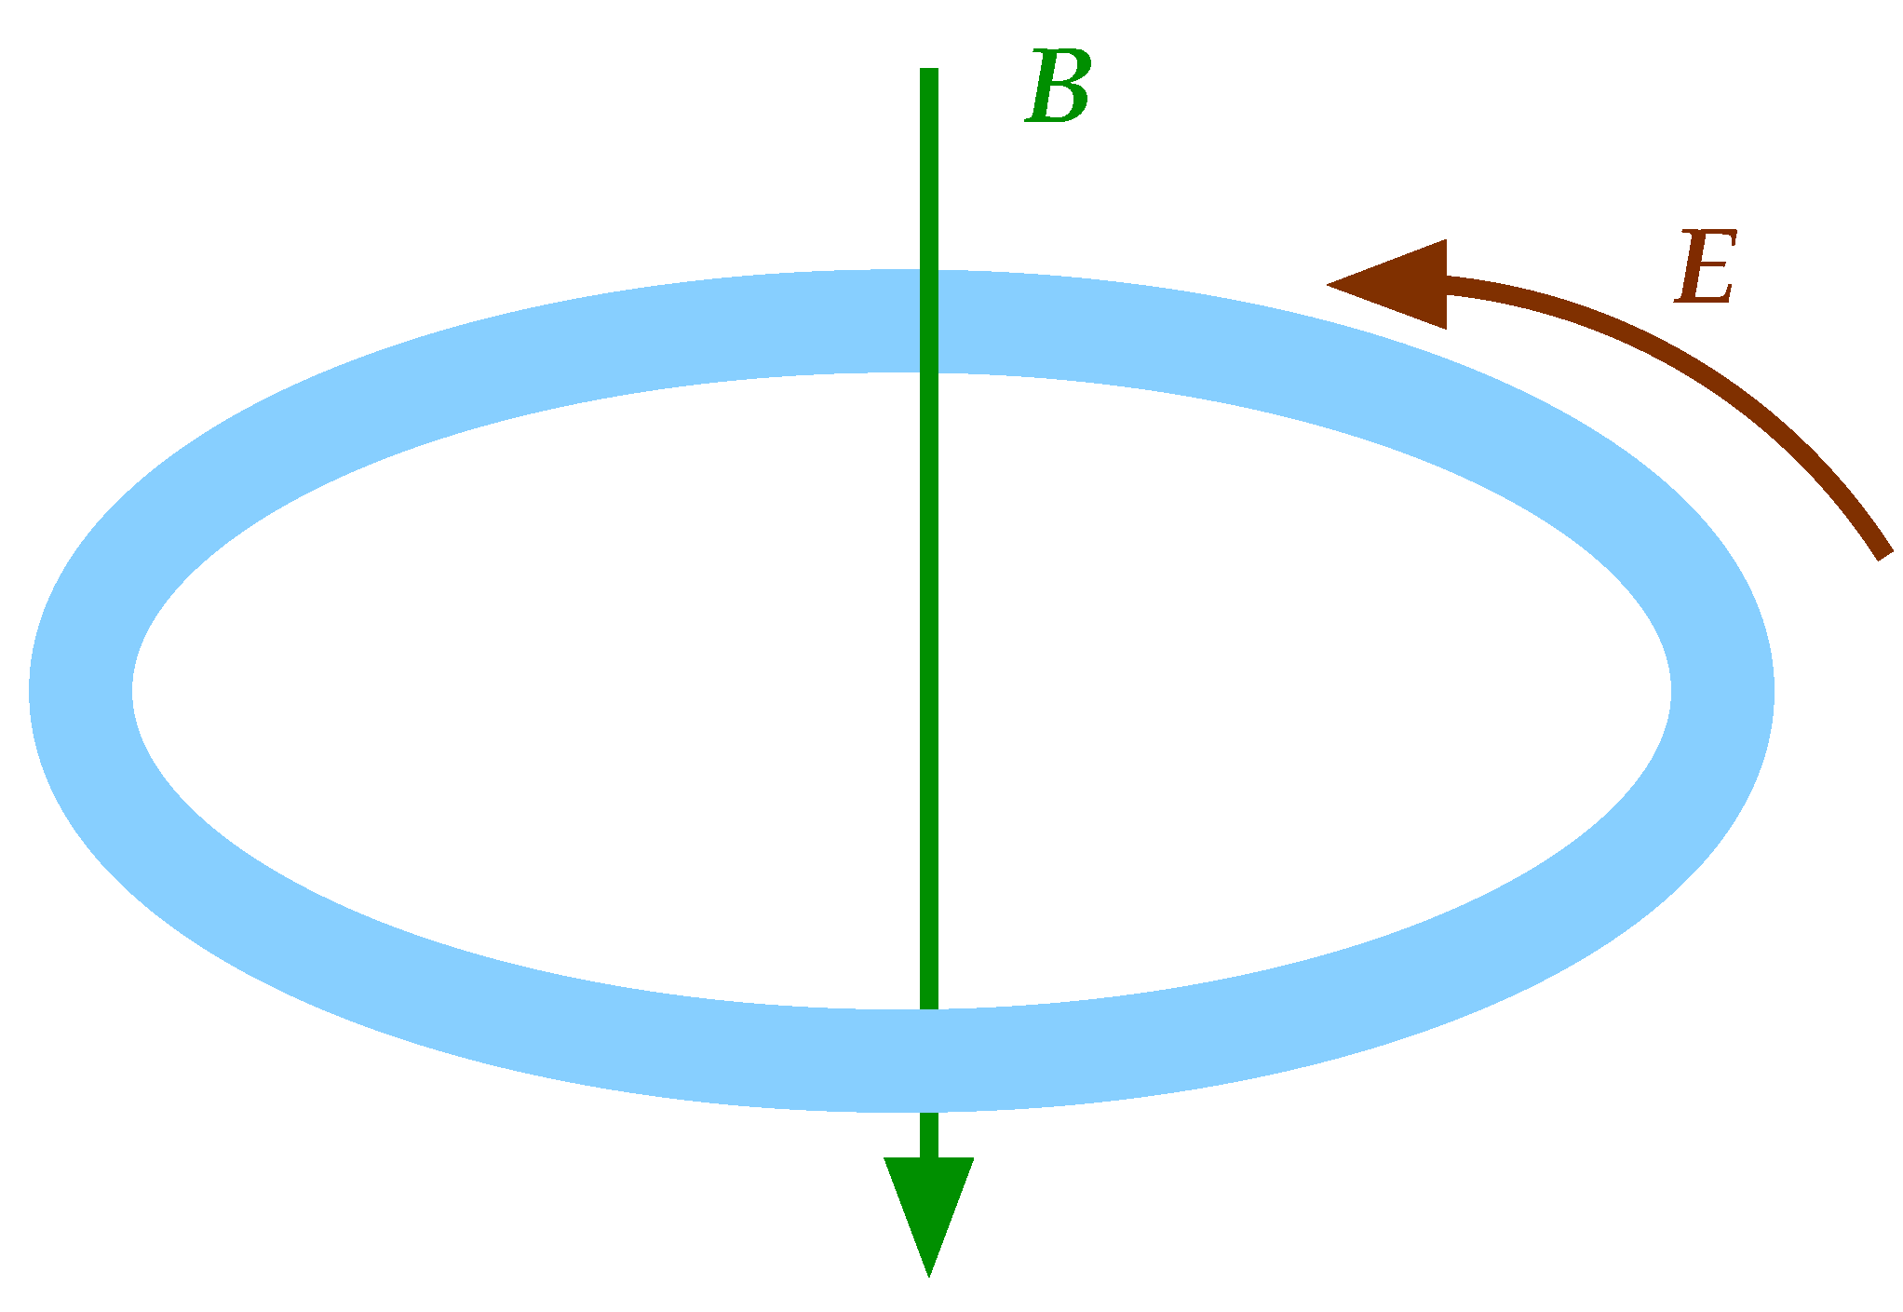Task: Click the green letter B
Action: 1059,88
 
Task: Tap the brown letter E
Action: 1705,267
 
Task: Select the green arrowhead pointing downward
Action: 928,1201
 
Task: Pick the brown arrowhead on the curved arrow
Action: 1401,284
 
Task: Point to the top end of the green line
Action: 928,71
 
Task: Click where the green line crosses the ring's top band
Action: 928,321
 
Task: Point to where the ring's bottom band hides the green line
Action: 928,1061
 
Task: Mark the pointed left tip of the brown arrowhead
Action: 1329,284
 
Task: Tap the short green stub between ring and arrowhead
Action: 928,1135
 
